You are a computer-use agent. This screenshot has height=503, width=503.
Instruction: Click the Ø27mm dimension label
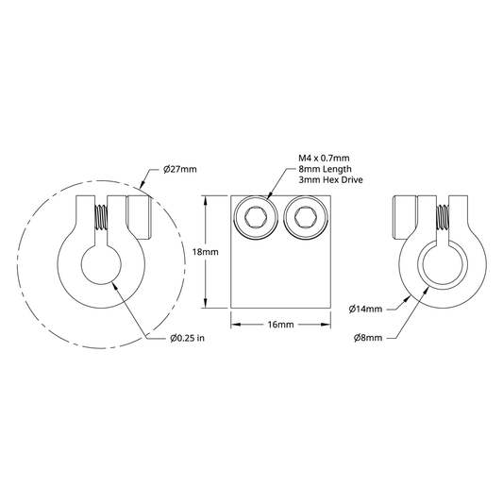click(x=179, y=169)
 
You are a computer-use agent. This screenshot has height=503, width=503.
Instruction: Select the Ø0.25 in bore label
click(x=188, y=338)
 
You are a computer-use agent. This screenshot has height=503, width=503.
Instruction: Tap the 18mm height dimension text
click(x=206, y=252)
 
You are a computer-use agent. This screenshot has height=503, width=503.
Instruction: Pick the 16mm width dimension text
click(x=280, y=325)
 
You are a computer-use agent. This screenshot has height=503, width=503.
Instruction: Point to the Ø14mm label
click(x=365, y=310)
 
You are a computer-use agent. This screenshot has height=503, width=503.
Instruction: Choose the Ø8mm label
click(x=368, y=338)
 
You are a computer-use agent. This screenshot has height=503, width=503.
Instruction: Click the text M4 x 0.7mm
click(x=324, y=159)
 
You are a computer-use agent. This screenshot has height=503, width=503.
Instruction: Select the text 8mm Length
click(x=325, y=169)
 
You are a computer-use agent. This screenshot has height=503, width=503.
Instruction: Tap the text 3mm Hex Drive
click(x=330, y=179)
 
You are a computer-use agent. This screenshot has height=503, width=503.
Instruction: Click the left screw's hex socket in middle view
click(x=256, y=216)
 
